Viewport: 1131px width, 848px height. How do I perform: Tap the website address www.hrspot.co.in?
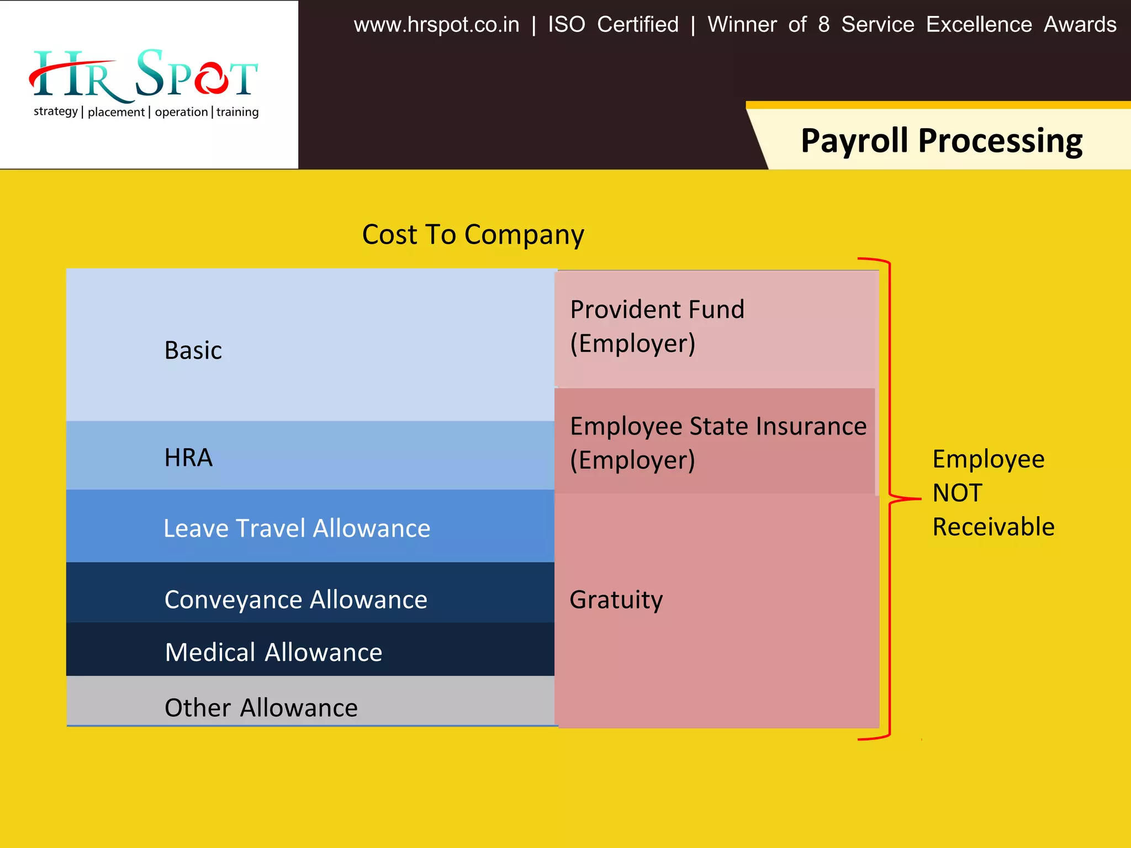[x=436, y=25]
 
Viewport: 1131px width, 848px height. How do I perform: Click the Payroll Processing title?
[x=941, y=140]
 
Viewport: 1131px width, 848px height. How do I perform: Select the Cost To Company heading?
[x=473, y=235]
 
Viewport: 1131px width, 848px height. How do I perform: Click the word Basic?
[x=193, y=351]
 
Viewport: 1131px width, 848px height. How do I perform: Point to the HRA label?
[x=188, y=458]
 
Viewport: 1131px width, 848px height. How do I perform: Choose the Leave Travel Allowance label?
[x=297, y=528]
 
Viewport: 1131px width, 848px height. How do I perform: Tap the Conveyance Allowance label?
[x=295, y=600]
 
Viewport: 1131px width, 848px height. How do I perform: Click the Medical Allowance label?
[x=273, y=653]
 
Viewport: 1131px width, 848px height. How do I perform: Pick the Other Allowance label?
[x=261, y=708]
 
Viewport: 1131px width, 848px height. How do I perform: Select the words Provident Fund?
[x=657, y=310]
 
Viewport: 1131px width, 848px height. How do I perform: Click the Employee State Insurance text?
[x=718, y=426]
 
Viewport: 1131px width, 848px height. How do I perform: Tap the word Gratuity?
[x=616, y=600]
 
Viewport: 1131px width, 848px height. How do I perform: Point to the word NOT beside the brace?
[x=957, y=493]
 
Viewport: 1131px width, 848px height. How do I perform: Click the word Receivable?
[x=993, y=527]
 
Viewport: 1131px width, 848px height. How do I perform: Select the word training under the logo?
[x=237, y=112]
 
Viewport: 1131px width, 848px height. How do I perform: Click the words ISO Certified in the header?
[x=613, y=25]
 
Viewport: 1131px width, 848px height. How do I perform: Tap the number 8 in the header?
[x=823, y=25]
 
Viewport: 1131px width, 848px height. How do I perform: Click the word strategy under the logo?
[x=55, y=112]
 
